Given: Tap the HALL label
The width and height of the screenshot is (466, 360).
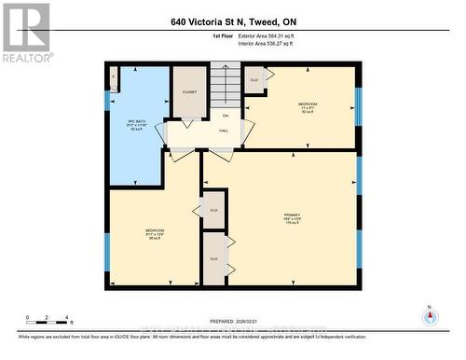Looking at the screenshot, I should coord(224,131).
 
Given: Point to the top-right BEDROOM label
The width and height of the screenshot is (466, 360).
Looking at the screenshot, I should coord(308,105).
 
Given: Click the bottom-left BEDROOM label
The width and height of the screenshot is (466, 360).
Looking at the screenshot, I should coord(154,233).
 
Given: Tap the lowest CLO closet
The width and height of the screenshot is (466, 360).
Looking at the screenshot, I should coord(213,258).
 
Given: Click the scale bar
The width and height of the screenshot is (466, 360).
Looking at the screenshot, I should coord(49,323).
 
